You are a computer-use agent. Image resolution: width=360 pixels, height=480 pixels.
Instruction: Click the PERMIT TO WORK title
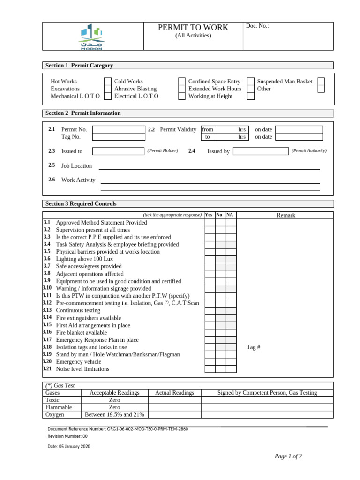[193, 28]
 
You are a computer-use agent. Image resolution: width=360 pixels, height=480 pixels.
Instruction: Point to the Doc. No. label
[257, 26]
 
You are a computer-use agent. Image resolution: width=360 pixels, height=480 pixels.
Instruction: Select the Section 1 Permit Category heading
[79, 66]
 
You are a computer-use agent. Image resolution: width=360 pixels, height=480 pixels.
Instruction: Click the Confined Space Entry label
[214, 82]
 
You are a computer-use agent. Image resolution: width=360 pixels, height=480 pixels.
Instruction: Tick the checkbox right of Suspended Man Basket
[321, 82]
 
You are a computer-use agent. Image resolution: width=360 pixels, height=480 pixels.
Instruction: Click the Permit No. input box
[119, 129]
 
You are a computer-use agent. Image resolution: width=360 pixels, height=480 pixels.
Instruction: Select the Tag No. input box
[119, 137]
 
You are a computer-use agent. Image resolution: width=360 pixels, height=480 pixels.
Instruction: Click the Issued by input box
[261, 151]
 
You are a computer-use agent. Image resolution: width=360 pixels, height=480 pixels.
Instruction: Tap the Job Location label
[76, 166]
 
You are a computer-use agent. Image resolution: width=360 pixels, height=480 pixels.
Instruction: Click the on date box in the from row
[299, 129]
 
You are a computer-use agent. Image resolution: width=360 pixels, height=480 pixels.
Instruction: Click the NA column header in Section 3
[230, 215]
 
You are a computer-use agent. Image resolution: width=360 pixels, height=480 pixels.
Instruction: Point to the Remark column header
[286, 215]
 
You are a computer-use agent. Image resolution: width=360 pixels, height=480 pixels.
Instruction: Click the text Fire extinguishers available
[88, 318]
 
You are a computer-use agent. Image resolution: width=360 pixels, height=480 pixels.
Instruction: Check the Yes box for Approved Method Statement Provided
[210, 223]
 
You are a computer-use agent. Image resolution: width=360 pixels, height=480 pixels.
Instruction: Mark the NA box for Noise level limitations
[231, 369]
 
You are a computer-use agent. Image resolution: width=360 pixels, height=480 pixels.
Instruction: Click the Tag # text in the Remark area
[253, 347]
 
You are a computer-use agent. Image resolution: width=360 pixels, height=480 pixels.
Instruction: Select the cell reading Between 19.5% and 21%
[114, 415]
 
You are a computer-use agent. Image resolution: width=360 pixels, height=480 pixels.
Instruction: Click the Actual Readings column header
[174, 393]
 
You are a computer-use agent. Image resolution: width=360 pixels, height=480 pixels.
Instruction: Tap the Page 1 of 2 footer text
[288, 457]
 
